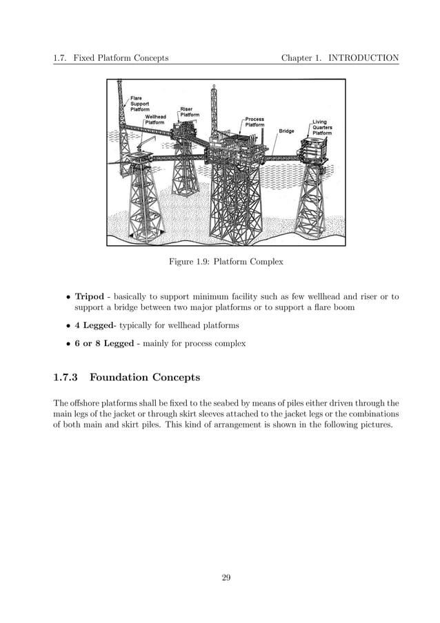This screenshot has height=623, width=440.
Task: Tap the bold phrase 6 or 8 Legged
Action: pos(104,343)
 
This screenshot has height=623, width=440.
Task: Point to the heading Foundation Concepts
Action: pos(145,378)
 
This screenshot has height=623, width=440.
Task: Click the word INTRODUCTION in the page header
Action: pos(363,58)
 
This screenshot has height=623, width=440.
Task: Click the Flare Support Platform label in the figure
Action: pos(140,104)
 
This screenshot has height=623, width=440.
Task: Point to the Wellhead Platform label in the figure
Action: pos(156,119)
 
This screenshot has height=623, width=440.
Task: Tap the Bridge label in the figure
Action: pos(287,131)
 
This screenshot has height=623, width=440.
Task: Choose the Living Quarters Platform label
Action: pos(322,128)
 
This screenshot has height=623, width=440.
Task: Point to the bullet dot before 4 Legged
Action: pos(68,325)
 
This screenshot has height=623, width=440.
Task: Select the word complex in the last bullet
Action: pos(231,343)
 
